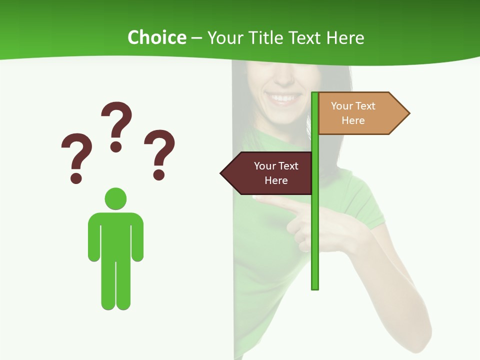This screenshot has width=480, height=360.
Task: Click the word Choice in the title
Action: pyautogui.click(x=156, y=38)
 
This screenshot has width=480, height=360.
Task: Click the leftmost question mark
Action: pyautogui.click(x=76, y=152)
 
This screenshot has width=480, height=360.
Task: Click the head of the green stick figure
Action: pyautogui.click(x=115, y=198)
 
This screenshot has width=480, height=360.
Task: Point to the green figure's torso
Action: pyautogui.click(x=115, y=235)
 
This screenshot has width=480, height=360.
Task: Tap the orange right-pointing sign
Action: pyautogui.click(x=357, y=113)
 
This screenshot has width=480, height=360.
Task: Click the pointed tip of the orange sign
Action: pyautogui.click(x=408, y=113)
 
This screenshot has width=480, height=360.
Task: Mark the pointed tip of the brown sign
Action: pyautogui.click(x=222, y=173)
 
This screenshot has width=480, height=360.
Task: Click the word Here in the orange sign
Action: pyautogui.click(x=353, y=120)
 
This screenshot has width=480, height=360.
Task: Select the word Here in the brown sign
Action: pyautogui.click(x=276, y=180)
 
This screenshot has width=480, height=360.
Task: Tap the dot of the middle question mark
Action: pyautogui.click(x=116, y=146)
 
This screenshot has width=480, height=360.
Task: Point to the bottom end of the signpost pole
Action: pyautogui.click(x=315, y=287)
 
